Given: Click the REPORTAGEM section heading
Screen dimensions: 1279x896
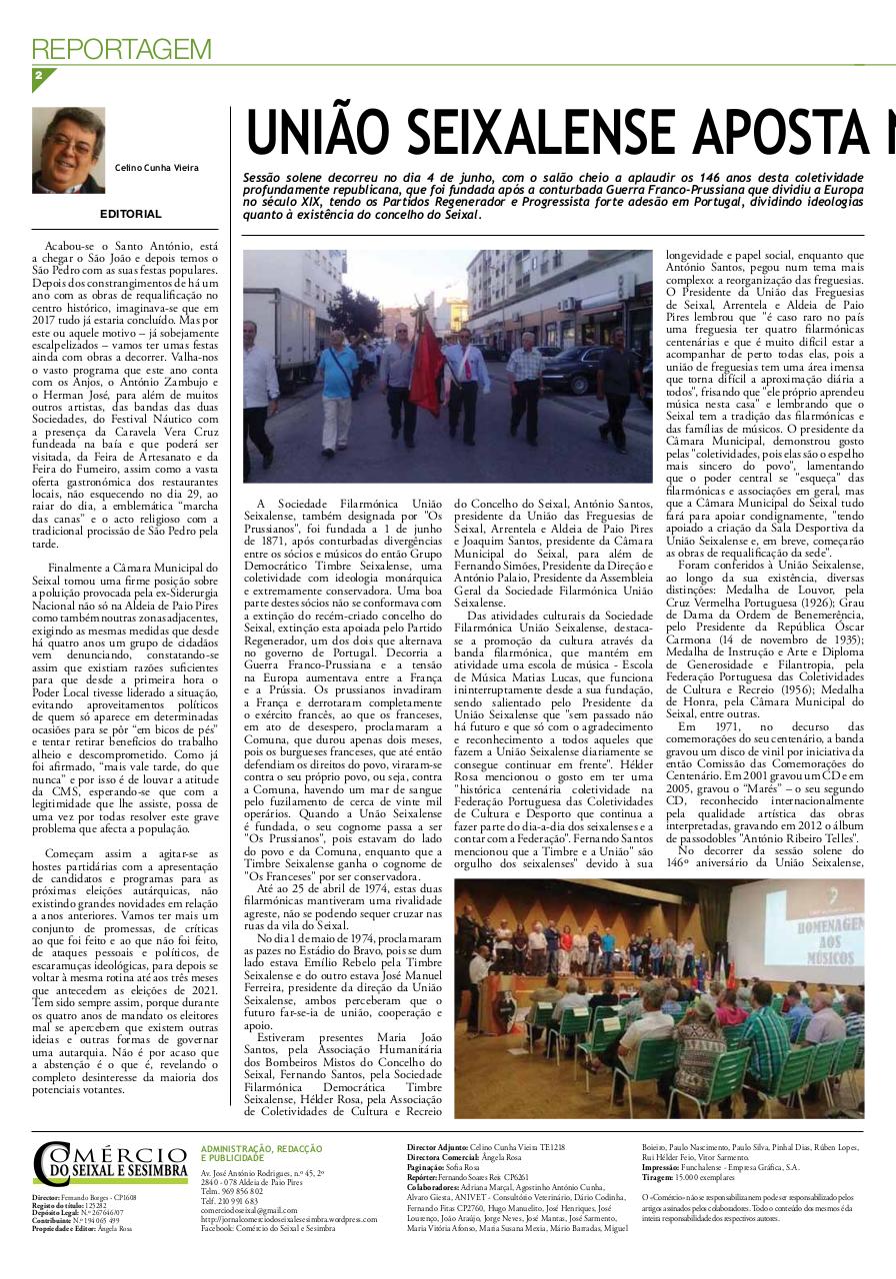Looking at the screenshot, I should pyautogui.click(x=122, y=49).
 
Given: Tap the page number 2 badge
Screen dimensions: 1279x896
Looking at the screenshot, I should pyautogui.click(x=39, y=76).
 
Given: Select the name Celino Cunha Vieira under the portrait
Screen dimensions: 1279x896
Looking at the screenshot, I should pyautogui.click(x=156, y=168).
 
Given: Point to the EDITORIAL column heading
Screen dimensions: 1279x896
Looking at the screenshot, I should pyautogui.click(x=130, y=214).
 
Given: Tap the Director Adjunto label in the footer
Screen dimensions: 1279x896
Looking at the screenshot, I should pyautogui.click(x=437, y=1148).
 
